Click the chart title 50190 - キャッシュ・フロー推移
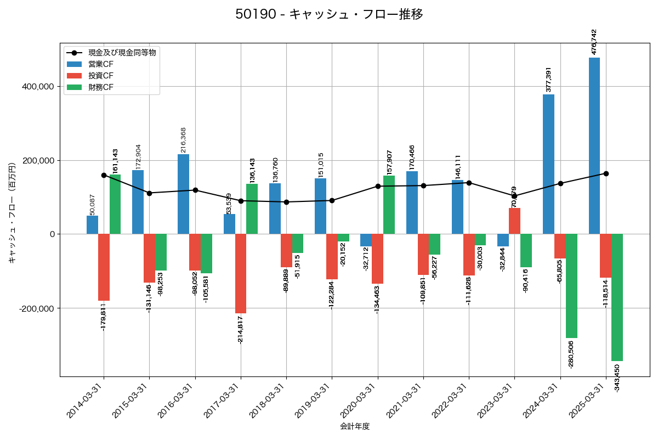coord(329,14)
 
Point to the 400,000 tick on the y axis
coord(37,87)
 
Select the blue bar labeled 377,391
coord(548,164)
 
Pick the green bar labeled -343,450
coord(617,297)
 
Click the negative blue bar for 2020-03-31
coord(366,240)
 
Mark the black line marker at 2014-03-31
coord(104,176)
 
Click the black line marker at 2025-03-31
coord(606,173)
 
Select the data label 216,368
coord(184,140)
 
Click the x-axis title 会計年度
coord(355,426)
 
